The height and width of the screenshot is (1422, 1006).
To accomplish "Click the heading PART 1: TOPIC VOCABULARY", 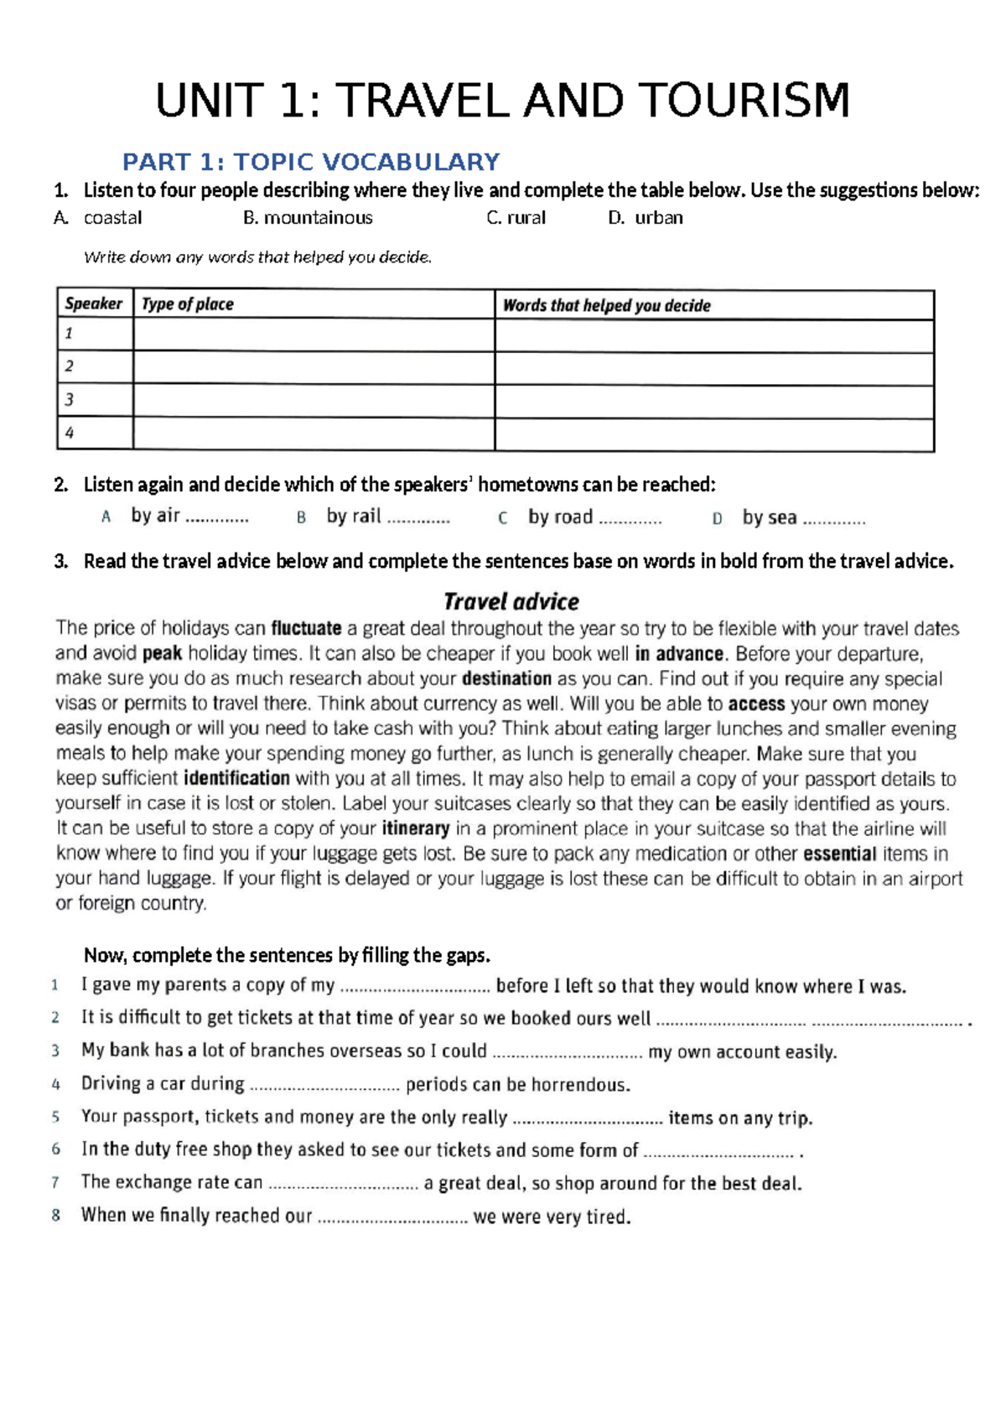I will (x=311, y=162).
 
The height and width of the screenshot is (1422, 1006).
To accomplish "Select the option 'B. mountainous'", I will (x=308, y=218).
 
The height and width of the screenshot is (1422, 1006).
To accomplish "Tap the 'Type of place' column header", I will (x=188, y=304).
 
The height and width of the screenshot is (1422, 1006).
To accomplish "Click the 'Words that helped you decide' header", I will (x=606, y=305).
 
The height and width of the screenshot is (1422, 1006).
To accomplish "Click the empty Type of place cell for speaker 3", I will (x=314, y=401).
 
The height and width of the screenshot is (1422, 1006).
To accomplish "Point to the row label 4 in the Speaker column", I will (x=70, y=433).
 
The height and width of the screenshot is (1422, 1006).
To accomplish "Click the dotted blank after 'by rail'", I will (x=418, y=519).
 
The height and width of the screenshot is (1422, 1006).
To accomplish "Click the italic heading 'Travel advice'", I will (x=511, y=602).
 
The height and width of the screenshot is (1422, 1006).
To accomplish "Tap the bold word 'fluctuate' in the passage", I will (x=306, y=629).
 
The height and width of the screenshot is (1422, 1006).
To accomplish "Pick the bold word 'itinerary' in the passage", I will (x=416, y=829).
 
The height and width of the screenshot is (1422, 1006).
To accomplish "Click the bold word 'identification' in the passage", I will (x=236, y=779).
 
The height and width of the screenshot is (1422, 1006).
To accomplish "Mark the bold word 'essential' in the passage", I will (x=839, y=854).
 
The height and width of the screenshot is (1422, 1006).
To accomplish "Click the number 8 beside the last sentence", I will (x=56, y=1216).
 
